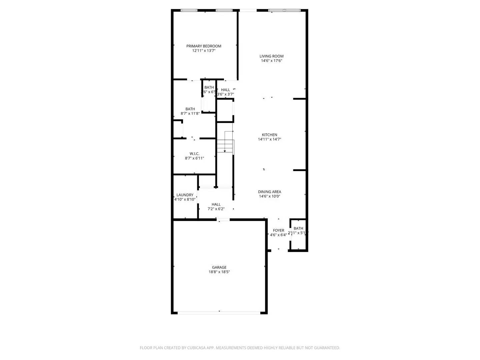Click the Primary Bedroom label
pos(204,46)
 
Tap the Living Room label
pos(271,56)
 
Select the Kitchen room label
pos(269,135)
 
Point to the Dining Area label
pos(269,192)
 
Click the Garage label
pos(219,267)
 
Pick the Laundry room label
pos(185,195)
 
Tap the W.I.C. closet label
pos(194,154)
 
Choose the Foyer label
pos(278,230)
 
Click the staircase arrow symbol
pos(225,151)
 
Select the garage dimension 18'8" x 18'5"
pos(219,272)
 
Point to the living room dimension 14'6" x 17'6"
pos(271,61)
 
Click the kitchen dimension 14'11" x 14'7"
pos(269,139)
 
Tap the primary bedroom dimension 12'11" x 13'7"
pos(204,51)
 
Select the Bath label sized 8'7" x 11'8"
pos(190,109)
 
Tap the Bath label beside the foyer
pos(298,228)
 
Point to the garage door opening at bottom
pos(219,313)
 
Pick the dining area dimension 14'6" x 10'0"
pos(269,196)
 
